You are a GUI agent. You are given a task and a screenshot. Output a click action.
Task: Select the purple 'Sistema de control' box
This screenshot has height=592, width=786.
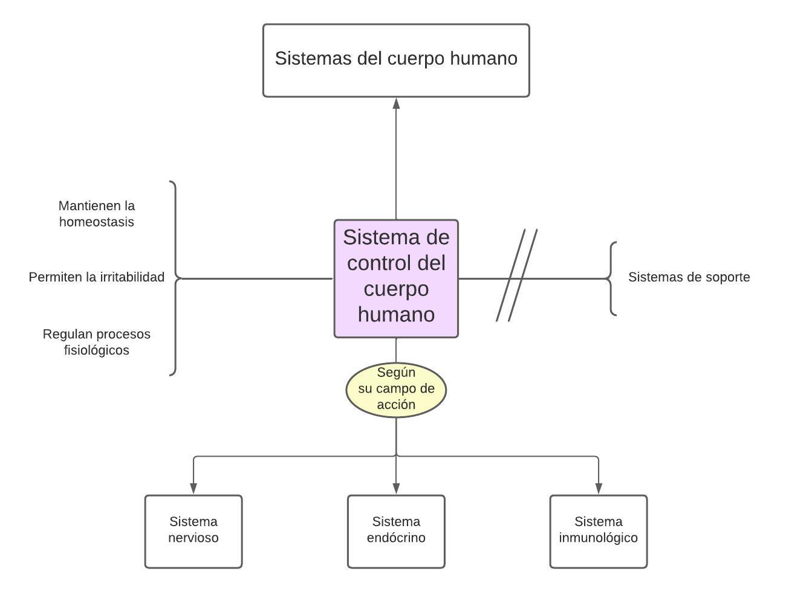[396, 278]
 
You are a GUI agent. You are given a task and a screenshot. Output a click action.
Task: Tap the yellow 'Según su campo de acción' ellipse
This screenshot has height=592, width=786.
[396, 389]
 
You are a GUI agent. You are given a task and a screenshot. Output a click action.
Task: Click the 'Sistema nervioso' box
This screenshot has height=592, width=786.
[193, 532]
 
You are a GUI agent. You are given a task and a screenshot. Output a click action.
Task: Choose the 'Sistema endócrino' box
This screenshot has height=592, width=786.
[396, 532]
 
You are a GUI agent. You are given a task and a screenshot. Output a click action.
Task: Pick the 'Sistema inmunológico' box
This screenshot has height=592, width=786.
[599, 532]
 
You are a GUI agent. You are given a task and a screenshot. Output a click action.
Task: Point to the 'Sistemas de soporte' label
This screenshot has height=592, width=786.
[689, 277]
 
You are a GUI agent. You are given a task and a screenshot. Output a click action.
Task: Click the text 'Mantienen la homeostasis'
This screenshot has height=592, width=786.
[97, 214]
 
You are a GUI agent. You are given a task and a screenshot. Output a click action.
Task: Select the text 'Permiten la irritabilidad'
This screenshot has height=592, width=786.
[97, 277]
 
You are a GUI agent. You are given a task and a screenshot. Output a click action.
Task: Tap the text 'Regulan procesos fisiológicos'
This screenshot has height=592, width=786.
[97, 342]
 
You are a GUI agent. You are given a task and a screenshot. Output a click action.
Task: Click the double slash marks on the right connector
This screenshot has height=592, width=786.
[517, 275]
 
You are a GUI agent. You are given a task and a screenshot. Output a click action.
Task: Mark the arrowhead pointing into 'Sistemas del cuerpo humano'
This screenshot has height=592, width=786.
[396, 103]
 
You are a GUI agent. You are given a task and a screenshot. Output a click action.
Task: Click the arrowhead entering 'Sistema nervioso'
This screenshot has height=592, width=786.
[193, 487]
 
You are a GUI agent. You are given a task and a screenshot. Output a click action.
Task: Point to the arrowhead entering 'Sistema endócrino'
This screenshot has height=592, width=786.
[396, 487]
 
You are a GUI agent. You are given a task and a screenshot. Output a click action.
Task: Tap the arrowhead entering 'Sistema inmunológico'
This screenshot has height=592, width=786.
[599, 487]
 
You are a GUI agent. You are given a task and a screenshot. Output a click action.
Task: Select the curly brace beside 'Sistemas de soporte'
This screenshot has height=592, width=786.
[612, 278]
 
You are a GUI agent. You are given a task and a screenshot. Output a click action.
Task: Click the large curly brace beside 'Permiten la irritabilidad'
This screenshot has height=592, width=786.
[175, 278]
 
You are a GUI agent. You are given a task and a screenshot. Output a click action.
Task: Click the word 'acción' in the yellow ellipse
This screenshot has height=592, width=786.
[396, 405]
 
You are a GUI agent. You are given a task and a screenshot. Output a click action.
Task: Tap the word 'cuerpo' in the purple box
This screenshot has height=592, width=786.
[396, 289]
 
